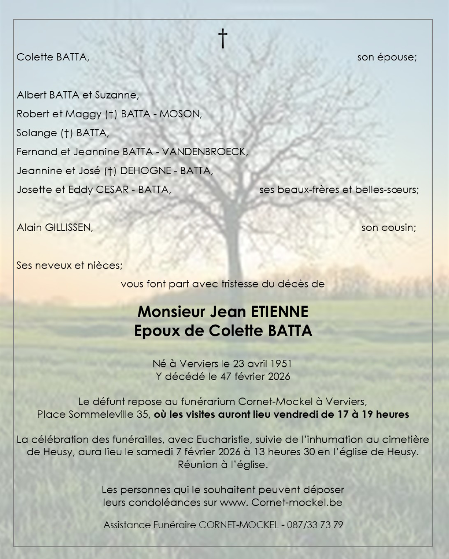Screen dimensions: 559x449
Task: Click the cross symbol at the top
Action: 222,39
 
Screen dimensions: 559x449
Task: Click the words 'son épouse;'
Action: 387,57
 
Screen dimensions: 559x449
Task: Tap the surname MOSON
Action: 180,114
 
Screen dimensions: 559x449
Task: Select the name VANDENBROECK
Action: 205,152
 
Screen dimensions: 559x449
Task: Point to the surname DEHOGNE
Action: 145,171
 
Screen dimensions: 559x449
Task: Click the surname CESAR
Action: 112,190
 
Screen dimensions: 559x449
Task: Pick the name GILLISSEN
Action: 68,227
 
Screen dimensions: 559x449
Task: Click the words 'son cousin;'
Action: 389,227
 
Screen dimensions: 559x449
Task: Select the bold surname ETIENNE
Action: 279,312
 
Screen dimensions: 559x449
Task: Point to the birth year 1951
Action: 281,364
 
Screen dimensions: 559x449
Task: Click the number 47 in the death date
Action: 226,377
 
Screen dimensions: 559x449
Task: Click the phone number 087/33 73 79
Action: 315,525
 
